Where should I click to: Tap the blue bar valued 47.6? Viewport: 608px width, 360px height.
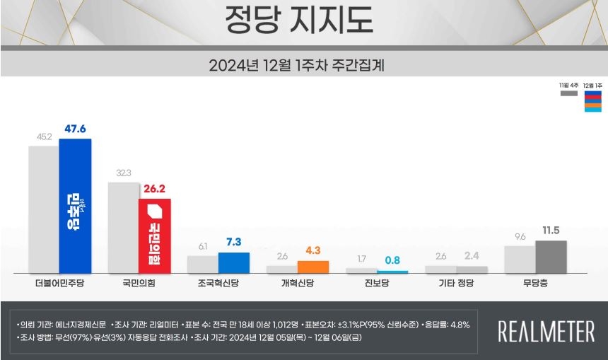click(75, 206)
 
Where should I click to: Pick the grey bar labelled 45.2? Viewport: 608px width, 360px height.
click(43, 209)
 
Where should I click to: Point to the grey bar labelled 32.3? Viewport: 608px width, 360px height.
click(122, 227)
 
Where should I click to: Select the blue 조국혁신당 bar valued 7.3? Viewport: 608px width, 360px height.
click(233, 262)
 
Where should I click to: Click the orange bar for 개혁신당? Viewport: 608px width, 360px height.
click(313, 267)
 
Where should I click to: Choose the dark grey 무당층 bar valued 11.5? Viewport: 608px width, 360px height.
click(551, 257)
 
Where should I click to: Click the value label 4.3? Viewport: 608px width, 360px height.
click(313, 250)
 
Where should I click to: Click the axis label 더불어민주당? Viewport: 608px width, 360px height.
click(59, 284)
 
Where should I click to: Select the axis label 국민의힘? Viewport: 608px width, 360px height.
click(139, 284)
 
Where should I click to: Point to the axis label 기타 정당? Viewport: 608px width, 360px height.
click(456, 284)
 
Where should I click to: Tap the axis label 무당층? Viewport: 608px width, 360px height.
click(535, 284)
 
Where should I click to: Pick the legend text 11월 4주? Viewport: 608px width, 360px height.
click(569, 85)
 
